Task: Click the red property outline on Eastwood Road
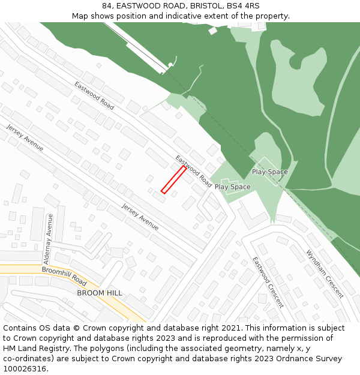pos(173,180)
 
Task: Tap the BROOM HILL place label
pos(100,293)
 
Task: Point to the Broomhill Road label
pos(64,275)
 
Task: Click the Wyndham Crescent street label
pos(325,274)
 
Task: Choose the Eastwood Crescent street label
pos(268,282)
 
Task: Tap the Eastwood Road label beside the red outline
pos(193,170)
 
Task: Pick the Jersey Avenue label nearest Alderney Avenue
pos(140,217)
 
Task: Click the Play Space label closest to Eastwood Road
pos(233,187)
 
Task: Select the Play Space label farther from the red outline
pos(269,172)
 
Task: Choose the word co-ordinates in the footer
pos(25,359)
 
